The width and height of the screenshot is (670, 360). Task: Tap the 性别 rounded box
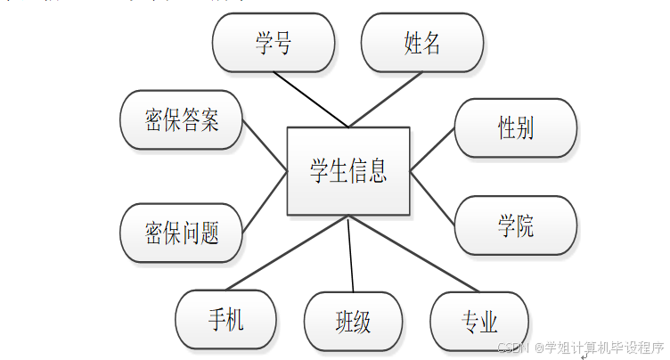(515, 127)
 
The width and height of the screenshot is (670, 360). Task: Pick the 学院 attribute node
(515, 225)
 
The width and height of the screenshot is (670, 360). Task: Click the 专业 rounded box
(479, 321)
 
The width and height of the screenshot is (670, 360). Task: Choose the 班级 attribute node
(353, 321)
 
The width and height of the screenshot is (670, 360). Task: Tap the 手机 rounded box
(225, 319)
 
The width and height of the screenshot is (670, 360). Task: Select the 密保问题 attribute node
(181, 233)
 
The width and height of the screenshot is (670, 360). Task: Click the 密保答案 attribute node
(181, 120)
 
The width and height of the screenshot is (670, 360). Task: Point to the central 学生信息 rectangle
(348, 171)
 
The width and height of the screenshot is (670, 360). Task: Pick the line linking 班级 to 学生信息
(350, 254)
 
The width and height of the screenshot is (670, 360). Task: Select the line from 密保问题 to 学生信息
(264, 203)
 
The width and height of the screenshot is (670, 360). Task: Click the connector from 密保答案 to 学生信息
(265, 145)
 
